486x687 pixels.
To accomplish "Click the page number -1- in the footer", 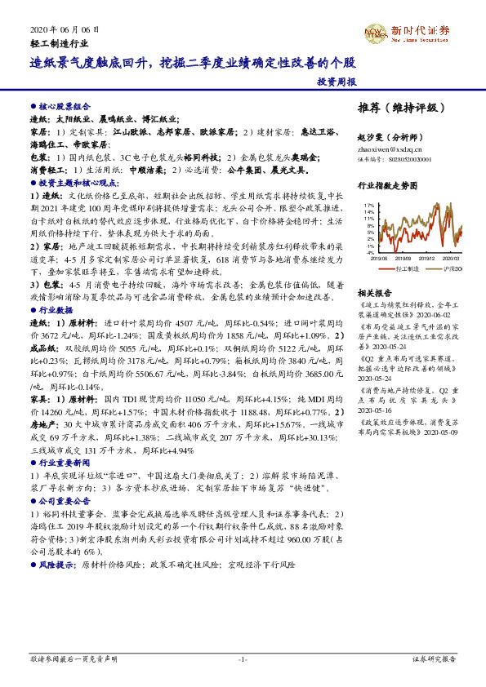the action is [242, 658].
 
